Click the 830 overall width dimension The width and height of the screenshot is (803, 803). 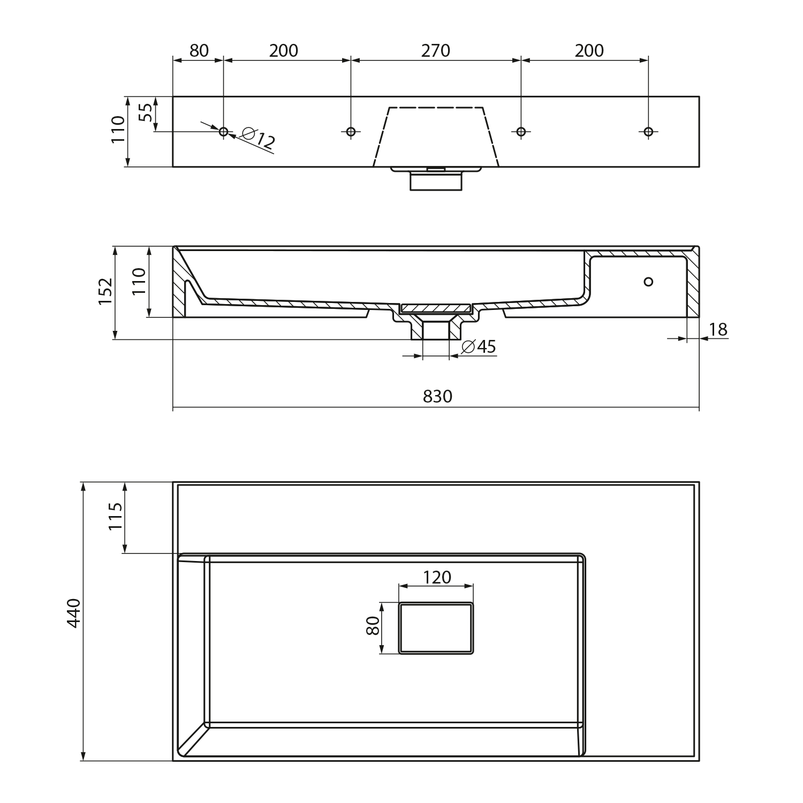point(437,397)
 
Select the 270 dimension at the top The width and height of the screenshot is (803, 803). point(435,51)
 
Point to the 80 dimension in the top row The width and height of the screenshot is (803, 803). point(199,51)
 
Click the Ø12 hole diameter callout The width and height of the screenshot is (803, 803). point(259,138)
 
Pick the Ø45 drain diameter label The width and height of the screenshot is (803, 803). point(478,347)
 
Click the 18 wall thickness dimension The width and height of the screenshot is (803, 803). point(718,330)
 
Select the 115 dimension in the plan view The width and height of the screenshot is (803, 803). point(116,516)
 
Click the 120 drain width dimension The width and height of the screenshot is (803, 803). point(437,578)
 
